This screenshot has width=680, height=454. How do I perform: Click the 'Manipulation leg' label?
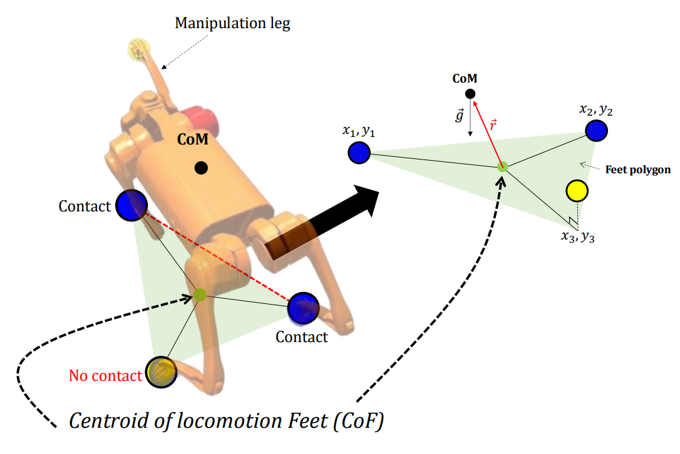[x=232, y=24]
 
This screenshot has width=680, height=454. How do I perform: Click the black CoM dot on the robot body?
[x=200, y=168]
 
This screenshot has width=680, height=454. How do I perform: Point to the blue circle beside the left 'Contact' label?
[x=131, y=205]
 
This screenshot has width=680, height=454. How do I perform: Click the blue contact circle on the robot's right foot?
[x=304, y=307]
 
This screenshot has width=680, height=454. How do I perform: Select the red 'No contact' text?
[x=105, y=376]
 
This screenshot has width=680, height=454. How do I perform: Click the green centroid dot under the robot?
[x=199, y=295]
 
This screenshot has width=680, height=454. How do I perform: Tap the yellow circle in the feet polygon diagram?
[x=575, y=191]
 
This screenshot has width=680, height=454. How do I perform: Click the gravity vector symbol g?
[x=460, y=116]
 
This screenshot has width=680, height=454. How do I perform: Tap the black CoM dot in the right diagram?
[x=470, y=94]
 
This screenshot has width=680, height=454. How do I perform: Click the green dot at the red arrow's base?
[x=502, y=166]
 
